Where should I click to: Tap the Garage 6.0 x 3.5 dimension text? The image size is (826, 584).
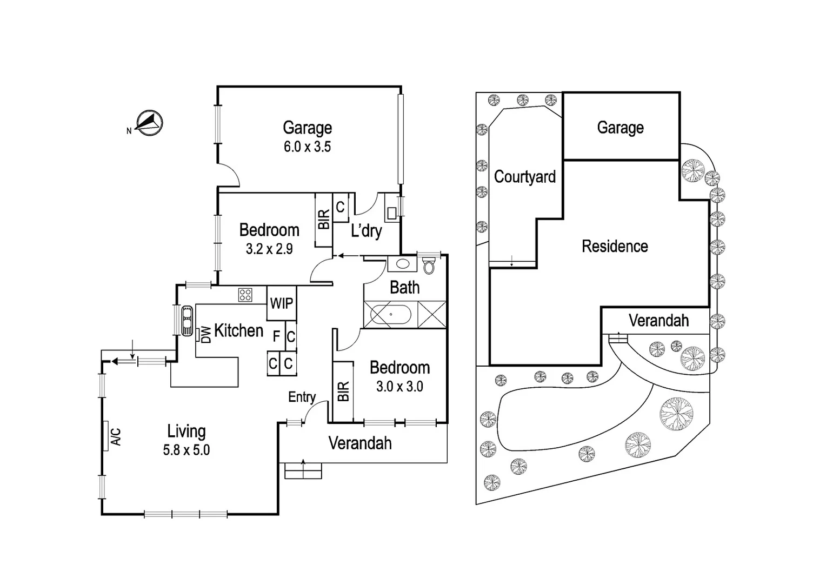tap(307, 147)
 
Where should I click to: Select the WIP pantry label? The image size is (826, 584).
tap(281, 303)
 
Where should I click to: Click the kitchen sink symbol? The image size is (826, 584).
tap(186, 321)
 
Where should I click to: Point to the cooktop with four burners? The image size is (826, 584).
tap(245, 295)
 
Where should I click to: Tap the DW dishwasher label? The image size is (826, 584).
tap(206, 334)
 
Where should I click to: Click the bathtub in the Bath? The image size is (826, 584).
tap(391, 315)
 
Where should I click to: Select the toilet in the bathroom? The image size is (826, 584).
tap(429, 266)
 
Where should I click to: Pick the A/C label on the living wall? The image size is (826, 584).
tap(116, 436)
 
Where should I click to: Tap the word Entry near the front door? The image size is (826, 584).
tap(302, 397)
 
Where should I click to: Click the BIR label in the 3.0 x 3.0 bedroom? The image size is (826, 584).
tap(343, 391)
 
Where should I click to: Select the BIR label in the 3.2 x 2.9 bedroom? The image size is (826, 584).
tap(324, 220)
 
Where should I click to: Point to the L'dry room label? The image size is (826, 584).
tap(367, 231)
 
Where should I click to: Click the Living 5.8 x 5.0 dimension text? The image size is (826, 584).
tap(186, 450)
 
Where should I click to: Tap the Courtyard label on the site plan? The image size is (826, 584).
tap(524, 177)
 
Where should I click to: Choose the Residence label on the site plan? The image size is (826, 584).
tap(615, 247)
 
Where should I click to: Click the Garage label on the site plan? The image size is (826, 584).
tap(620, 128)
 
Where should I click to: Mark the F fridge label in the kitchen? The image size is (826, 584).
tap(276, 337)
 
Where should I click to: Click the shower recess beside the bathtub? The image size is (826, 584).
tap(432, 315)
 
